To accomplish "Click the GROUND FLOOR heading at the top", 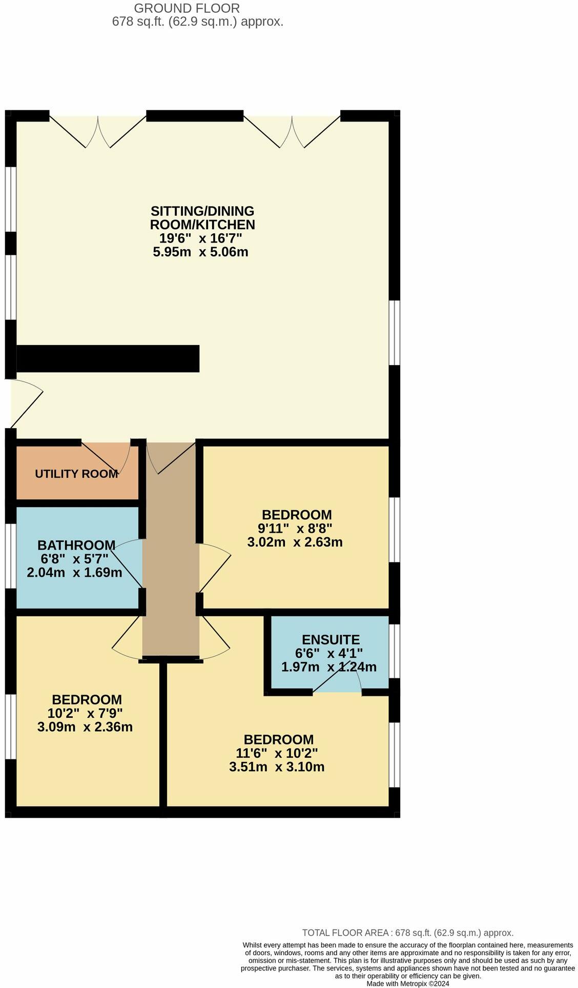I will pyautogui.click(x=187, y=8).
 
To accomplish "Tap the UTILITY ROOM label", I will pyautogui.click(x=76, y=474).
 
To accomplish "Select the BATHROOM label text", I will pyautogui.click(x=76, y=545).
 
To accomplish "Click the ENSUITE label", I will pyautogui.click(x=331, y=639).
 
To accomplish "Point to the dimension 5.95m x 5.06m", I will pyautogui.click(x=200, y=252).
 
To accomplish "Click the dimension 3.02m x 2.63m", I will pyautogui.click(x=295, y=542).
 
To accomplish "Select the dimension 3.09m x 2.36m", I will pyautogui.click(x=85, y=727).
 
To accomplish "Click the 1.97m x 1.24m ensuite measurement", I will pyautogui.click(x=328, y=667).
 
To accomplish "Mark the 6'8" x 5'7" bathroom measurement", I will pyautogui.click(x=75, y=559).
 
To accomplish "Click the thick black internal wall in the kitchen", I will pyautogui.click(x=108, y=358).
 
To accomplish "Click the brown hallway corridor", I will pyautogui.click(x=170, y=564).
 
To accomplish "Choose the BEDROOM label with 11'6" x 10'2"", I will pyautogui.click(x=278, y=739).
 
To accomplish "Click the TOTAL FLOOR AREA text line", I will pyautogui.click(x=407, y=933).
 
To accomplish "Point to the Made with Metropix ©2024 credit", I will pyautogui.click(x=407, y=983).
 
